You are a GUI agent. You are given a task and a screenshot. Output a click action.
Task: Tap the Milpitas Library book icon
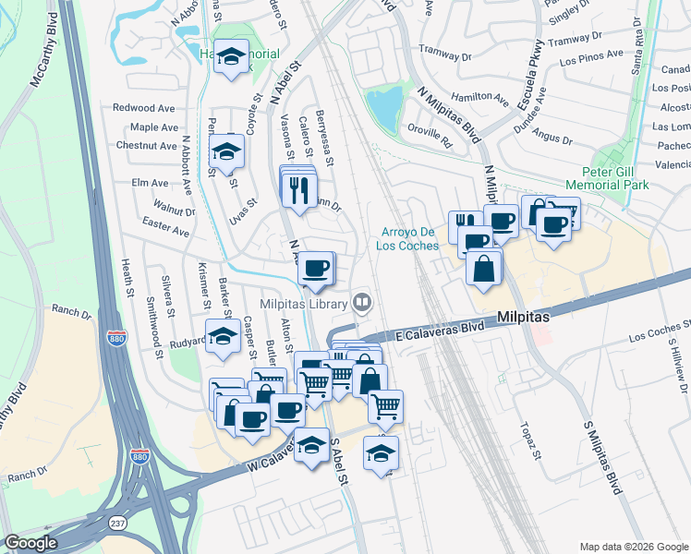362,302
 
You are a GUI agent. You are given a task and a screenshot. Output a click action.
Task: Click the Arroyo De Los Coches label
414,239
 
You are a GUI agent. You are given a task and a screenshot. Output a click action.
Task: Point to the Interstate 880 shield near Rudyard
116,339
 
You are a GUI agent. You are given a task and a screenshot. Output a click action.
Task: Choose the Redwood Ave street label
145,108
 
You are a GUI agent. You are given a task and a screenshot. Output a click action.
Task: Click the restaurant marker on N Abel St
297,188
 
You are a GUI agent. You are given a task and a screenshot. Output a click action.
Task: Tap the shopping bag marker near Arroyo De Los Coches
484,269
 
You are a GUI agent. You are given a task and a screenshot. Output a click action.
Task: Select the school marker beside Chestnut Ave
225,151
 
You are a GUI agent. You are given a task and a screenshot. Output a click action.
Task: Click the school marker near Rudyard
222,338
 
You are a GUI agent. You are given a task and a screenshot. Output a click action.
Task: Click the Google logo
31,542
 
